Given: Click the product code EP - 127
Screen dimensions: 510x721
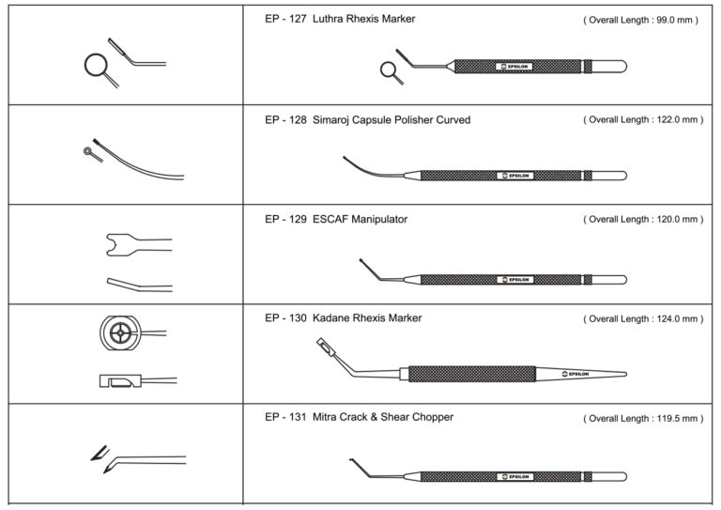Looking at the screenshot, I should tap(284, 19).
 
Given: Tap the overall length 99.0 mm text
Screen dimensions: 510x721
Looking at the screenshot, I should tap(640, 20).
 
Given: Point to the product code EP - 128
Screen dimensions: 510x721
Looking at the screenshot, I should tap(284, 120).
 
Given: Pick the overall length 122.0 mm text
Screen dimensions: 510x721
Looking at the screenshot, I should tap(642, 120).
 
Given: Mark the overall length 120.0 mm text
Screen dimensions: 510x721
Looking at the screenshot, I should tap(642, 220).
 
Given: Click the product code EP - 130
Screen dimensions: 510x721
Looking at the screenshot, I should tap(284, 318).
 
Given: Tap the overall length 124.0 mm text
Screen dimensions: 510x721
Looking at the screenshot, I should tap(642, 319).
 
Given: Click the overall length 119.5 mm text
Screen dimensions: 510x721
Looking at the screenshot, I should tap(642, 418).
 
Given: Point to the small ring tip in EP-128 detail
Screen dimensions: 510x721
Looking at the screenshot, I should tap(87, 149).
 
